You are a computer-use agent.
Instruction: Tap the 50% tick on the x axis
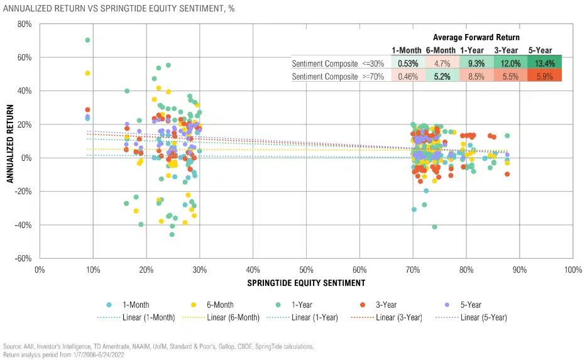(x=306, y=269)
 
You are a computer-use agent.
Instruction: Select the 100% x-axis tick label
(x=573, y=269)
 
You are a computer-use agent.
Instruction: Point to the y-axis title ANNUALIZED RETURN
(x=10, y=141)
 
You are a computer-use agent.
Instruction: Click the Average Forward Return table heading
(x=476, y=38)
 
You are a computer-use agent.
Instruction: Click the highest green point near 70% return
(x=87, y=40)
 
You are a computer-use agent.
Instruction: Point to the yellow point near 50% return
(x=87, y=74)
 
